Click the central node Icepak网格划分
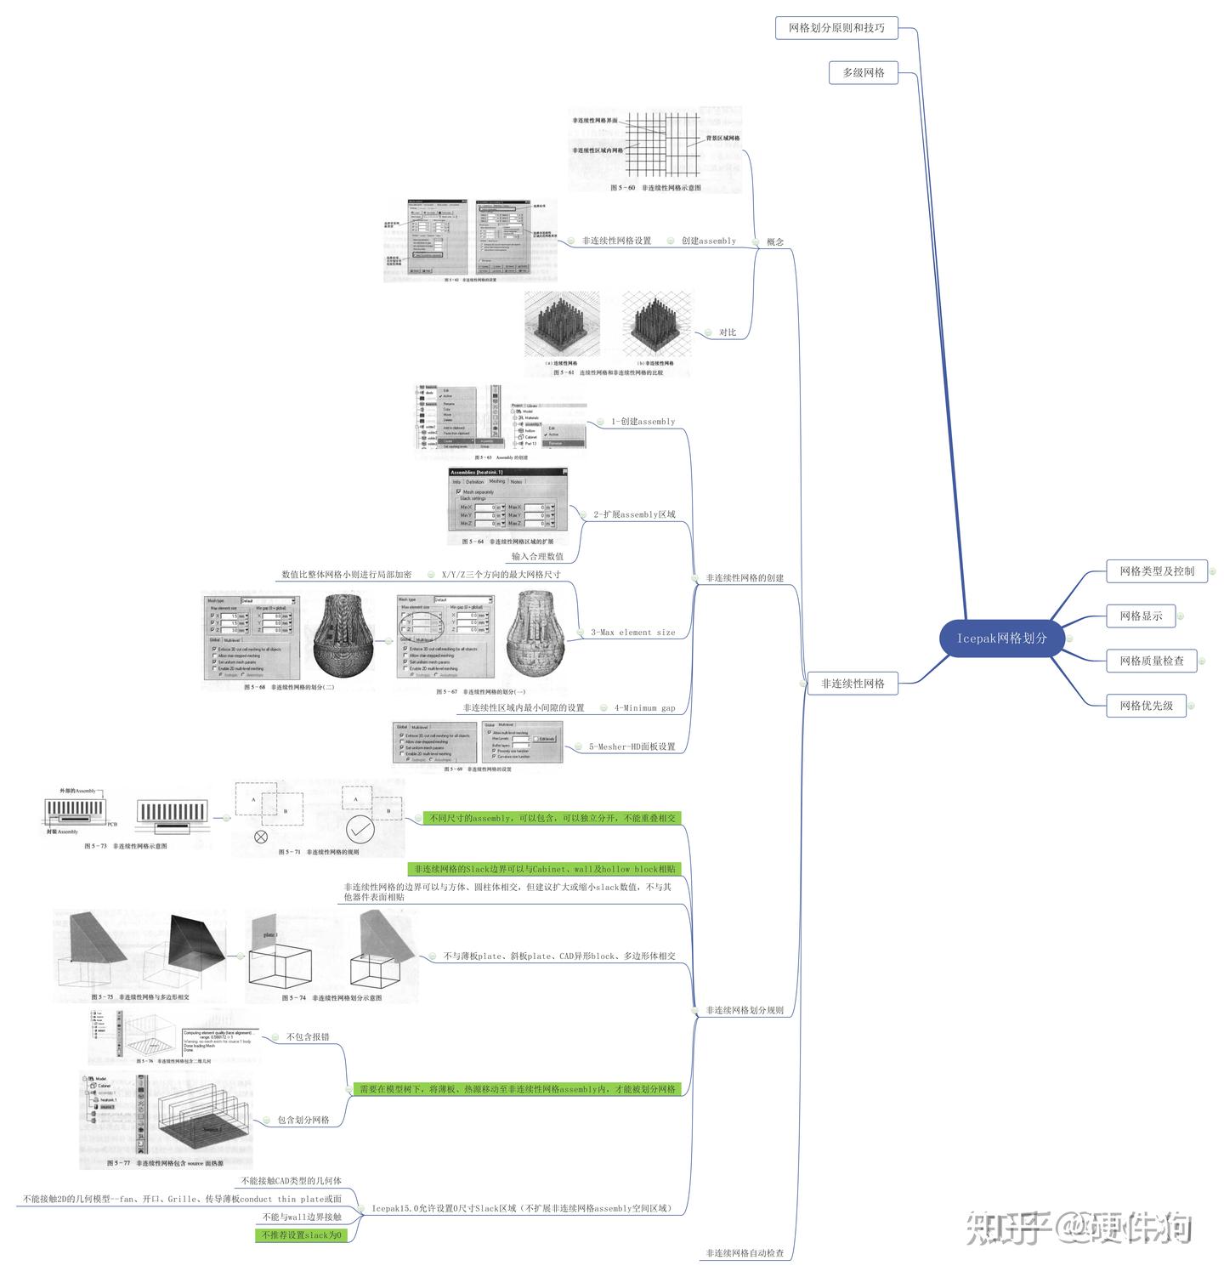(x=1002, y=638)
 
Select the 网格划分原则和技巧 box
(x=836, y=28)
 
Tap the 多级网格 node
(x=864, y=73)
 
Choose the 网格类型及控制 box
(x=1157, y=571)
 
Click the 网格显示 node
(x=1141, y=616)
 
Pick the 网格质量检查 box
(x=1152, y=661)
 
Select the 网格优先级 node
(x=1146, y=706)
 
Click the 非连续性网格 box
(x=853, y=684)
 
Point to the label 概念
(x=775, y=242)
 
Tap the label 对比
(x=728, y=332)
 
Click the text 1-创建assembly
(x=643, y=422)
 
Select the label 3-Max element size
(x=633, y=633)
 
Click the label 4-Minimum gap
(x=645, y=708)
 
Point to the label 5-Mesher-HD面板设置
(x=632, y=747)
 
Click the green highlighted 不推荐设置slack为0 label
(x=302, y=1235)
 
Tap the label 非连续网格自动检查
(x=745, y=1253)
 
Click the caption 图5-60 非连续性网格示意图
(x=655, y=188)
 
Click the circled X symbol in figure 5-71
(x=261, y=837)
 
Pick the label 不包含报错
(x=308, y=1037)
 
